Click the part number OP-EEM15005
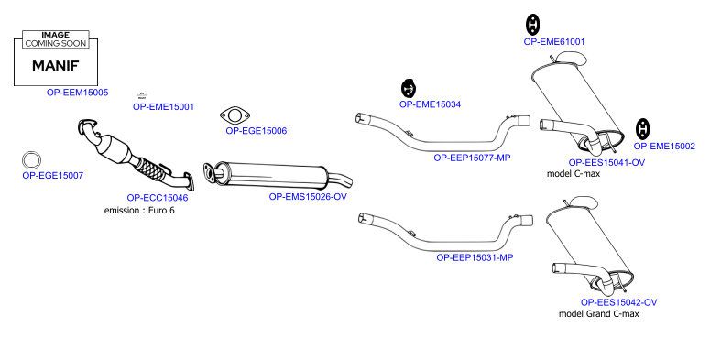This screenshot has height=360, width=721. coord(77,93)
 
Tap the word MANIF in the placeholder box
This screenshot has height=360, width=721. coord(56,66)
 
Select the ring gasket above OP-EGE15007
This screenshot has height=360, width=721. coord(31,160)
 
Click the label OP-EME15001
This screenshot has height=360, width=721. coord(163,106)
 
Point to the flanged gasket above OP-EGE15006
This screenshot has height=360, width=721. coord(235,115)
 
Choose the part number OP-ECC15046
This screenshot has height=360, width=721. coord(158,198)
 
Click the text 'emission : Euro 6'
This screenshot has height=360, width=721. coord(139,211)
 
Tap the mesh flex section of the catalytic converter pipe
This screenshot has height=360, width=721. coord(151,169)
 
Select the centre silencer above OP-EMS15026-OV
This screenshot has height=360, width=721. coord(271,175)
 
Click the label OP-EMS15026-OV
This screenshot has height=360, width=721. coord(308,196)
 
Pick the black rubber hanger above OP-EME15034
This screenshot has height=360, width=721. coord(409,88)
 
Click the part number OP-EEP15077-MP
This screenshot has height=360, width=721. coord(472,158)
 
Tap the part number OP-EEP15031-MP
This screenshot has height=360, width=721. coord(475,257)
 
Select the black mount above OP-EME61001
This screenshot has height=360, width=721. coord(532,25)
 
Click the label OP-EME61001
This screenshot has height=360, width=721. coord(554,41)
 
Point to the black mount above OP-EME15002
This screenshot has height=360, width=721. coord(642,129)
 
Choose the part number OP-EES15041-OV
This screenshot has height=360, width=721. coord(606,162)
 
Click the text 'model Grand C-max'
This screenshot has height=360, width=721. coord(598,313)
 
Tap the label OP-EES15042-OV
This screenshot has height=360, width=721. coord(618,302)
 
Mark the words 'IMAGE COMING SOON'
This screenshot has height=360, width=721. coord(56,39)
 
